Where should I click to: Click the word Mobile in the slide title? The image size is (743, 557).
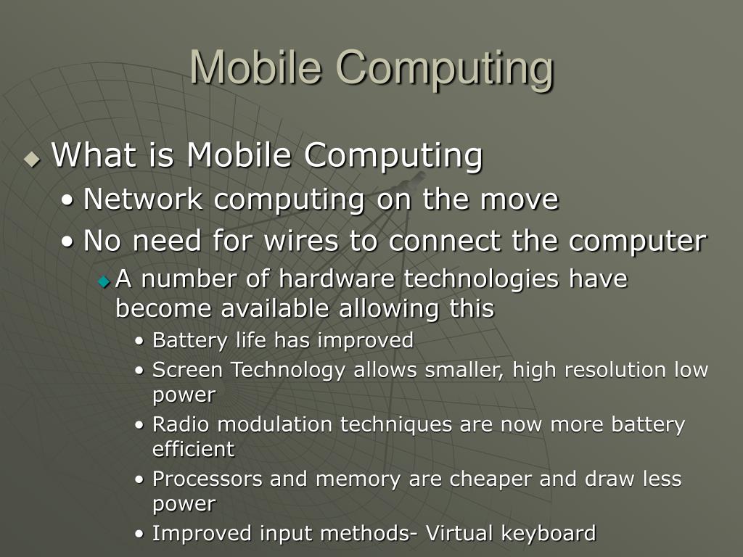[257, 67]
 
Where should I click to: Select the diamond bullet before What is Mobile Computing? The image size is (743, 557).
[32, 159]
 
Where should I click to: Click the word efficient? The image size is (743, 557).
[193, 450]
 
